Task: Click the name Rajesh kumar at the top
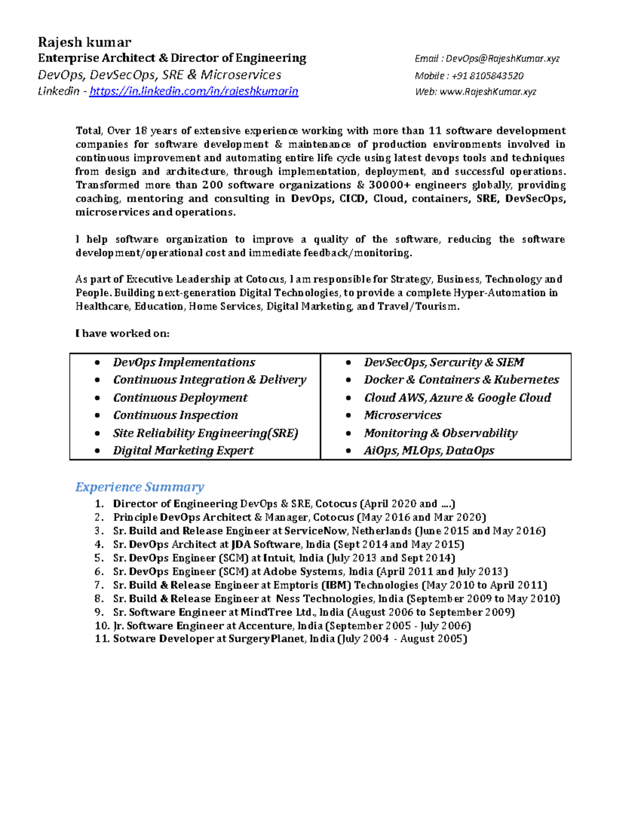(84, 42)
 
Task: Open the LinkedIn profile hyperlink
(193, 91)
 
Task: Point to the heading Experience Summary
(139, 487)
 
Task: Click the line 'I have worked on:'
(122, 334)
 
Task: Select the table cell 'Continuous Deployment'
(180, 398)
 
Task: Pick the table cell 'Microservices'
(403, 415)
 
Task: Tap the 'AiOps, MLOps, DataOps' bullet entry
(429, 451)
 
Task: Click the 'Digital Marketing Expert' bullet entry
(183, 451)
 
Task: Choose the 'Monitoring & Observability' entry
(441, 433)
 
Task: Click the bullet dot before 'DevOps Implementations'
(97, 362)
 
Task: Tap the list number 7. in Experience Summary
(99, 585)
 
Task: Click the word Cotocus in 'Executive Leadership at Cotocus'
(264, 279)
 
